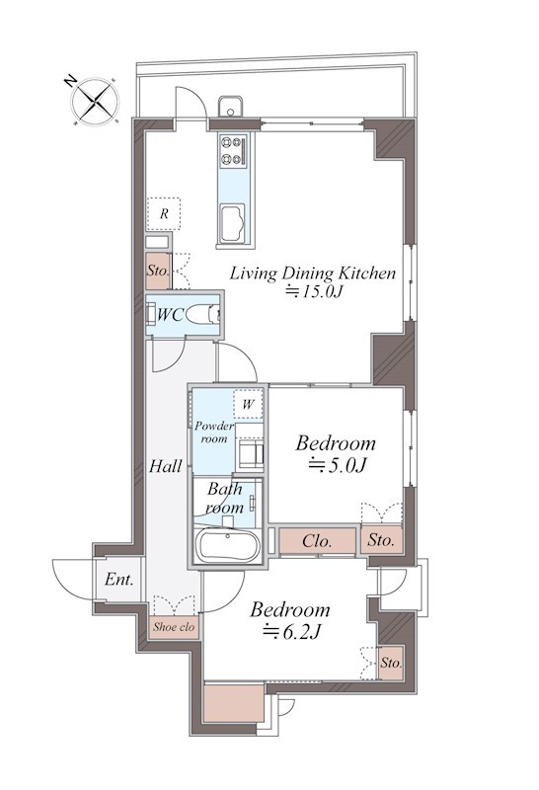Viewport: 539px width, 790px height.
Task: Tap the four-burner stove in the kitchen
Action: [x=233, y=150]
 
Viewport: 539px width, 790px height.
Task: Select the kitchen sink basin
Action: [x=232, y=222]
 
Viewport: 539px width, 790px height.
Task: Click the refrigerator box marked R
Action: [x=164, y=214]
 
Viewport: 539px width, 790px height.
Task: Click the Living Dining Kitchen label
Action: [x=313, y=274]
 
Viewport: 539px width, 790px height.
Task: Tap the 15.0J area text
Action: [x=314, y=291]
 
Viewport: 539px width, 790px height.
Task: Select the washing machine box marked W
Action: [x=248, y=404]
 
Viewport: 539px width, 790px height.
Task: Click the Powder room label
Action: [x=214, y=433]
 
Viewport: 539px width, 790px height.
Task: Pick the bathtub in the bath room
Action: [x=228, y=546]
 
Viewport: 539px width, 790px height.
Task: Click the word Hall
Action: [x=165, y=466]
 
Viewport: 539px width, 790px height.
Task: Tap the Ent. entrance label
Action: [x=118, y=580]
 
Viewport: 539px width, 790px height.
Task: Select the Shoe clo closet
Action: [x=174, y=627]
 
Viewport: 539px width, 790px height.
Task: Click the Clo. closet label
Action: [x=317, y=541]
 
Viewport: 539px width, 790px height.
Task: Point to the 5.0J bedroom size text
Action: [x=337, y=465]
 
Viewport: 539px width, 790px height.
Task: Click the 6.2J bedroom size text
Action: [x=292, y=631]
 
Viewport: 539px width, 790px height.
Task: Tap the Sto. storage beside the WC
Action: [x=158, y=271]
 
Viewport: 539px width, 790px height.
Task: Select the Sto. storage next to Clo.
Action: [x=381, y=540]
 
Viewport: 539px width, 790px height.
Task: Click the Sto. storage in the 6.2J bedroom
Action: [x=391, y=663]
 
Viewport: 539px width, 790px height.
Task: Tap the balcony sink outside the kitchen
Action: [x=231, y=107]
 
